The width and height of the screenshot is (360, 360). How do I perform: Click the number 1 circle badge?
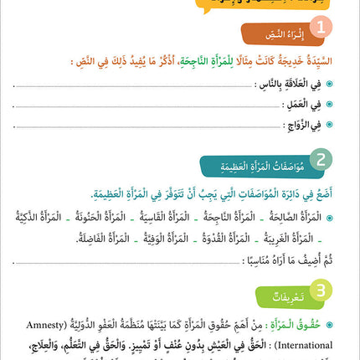coord(321,29)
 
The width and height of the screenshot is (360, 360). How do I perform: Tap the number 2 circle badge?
coord(321,160)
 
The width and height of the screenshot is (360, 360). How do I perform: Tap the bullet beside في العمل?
coord(329,105)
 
